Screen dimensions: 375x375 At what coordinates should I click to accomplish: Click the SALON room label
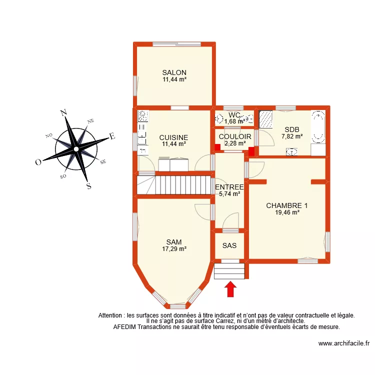(174, 72)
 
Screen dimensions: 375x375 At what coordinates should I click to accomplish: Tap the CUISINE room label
(173, 137)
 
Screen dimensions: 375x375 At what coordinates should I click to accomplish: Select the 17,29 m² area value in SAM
(174, 248)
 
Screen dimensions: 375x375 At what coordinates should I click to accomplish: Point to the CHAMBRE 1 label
(287, 205)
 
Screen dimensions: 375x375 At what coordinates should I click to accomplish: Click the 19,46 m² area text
(287, 212)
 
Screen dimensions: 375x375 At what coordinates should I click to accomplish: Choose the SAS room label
(229, 245)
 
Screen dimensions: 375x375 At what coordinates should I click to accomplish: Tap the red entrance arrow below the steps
(230, 289)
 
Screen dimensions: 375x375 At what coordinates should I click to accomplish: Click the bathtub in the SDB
(318, 127)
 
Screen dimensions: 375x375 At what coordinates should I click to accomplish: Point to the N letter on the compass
(63, 113)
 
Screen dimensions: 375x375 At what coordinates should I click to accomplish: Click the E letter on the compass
(112, 135)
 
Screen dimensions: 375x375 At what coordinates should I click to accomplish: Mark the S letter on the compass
(88, 186)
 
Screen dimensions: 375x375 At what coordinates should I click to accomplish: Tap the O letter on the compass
(38, 162)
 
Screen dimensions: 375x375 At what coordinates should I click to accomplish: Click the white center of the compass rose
(75, 149)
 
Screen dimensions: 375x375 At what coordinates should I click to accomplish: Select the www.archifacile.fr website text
(343, 344)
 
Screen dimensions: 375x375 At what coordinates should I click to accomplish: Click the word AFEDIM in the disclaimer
(126, 327)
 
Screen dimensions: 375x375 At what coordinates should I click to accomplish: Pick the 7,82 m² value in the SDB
(292, 136)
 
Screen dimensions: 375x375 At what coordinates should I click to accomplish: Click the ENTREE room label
(229, 187)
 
